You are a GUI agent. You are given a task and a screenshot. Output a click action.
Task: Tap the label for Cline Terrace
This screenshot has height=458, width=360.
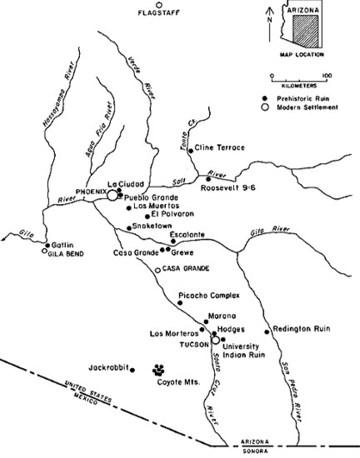219,148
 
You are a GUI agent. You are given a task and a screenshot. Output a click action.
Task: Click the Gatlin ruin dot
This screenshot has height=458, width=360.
44,247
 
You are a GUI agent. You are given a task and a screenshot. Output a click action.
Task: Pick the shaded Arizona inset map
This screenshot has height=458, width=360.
308,30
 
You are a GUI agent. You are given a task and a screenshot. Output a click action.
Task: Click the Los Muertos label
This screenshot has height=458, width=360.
154,205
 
